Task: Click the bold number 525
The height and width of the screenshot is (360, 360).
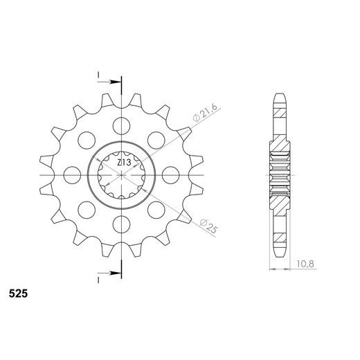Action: (x=19, y=294)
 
